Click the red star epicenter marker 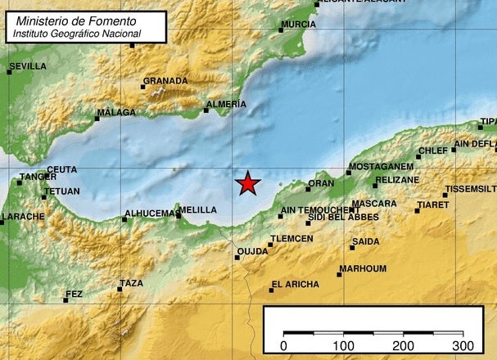[248, 184]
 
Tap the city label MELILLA [199, 210]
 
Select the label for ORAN [321, 183]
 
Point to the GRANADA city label [165, 81]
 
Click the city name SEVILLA [28, 67]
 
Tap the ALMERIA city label [227, 105]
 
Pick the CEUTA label [62, 170]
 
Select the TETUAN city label [63, 191]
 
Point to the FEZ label [75, 295]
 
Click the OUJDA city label [252, 251]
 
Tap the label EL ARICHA [296, 285]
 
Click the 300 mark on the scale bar [463, 345]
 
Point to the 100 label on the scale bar [343, 345]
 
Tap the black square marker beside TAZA [120, 289]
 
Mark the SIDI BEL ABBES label [343, 217]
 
